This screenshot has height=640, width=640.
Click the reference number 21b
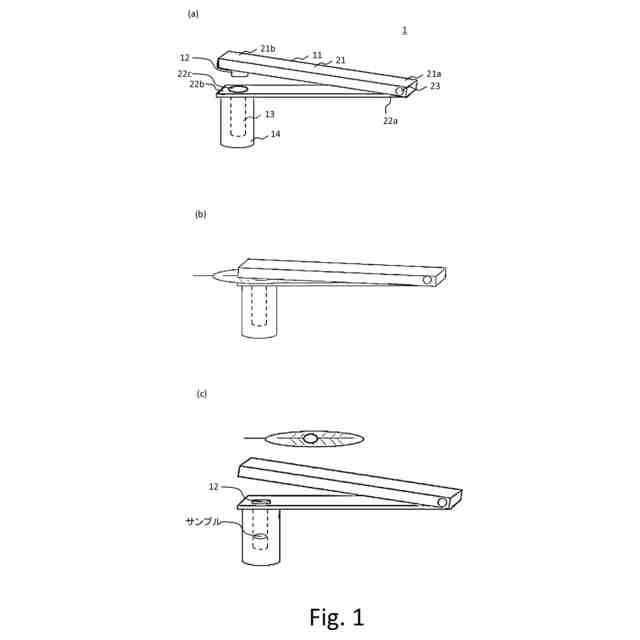(267, 48)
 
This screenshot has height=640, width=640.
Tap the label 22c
(186, 74)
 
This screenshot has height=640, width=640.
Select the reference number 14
(275, 134)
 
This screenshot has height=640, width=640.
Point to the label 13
(269, 114)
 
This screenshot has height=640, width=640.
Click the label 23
(435, 87)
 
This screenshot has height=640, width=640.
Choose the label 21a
(433, 74)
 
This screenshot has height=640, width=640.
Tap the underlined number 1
(404, 30)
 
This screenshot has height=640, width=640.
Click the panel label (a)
(193, 14)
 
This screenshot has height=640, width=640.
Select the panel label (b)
(200, 214)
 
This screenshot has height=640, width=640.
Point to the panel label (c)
(201, 394)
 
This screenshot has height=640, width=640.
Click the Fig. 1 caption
(336, 617)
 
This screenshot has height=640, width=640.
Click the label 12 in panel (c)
(214, 487)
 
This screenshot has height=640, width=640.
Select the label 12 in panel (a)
(186, 58)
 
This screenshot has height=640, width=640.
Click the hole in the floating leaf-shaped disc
(311, 438)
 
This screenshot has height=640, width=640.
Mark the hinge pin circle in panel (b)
(427, 280)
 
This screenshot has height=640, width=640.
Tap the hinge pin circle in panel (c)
(442, 502)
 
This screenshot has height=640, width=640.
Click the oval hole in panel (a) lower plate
(238, 90)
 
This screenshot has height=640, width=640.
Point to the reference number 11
(317, 56)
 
